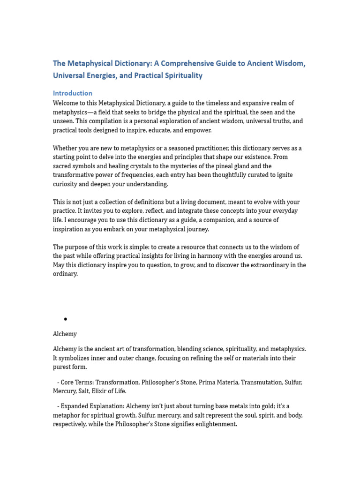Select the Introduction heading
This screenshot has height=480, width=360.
coord(73,93)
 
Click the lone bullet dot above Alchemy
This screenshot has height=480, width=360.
coord(66,319)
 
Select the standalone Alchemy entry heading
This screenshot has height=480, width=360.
coord(65,334)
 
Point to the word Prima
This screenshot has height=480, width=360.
coord(206,382)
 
